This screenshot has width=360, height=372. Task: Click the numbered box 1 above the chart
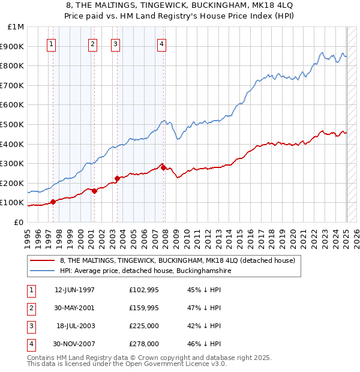coord(51,43)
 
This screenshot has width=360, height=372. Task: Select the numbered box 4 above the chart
coord(162,43)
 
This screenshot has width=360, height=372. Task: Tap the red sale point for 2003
coord(118,178)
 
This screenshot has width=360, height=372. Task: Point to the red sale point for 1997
coord(53,202)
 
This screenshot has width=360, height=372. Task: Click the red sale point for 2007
coord(164,167)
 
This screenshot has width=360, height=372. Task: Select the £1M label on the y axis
coord(16,27)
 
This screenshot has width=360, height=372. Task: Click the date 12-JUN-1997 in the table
coord(74,290)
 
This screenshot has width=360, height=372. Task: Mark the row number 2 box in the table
coord(30,308)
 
